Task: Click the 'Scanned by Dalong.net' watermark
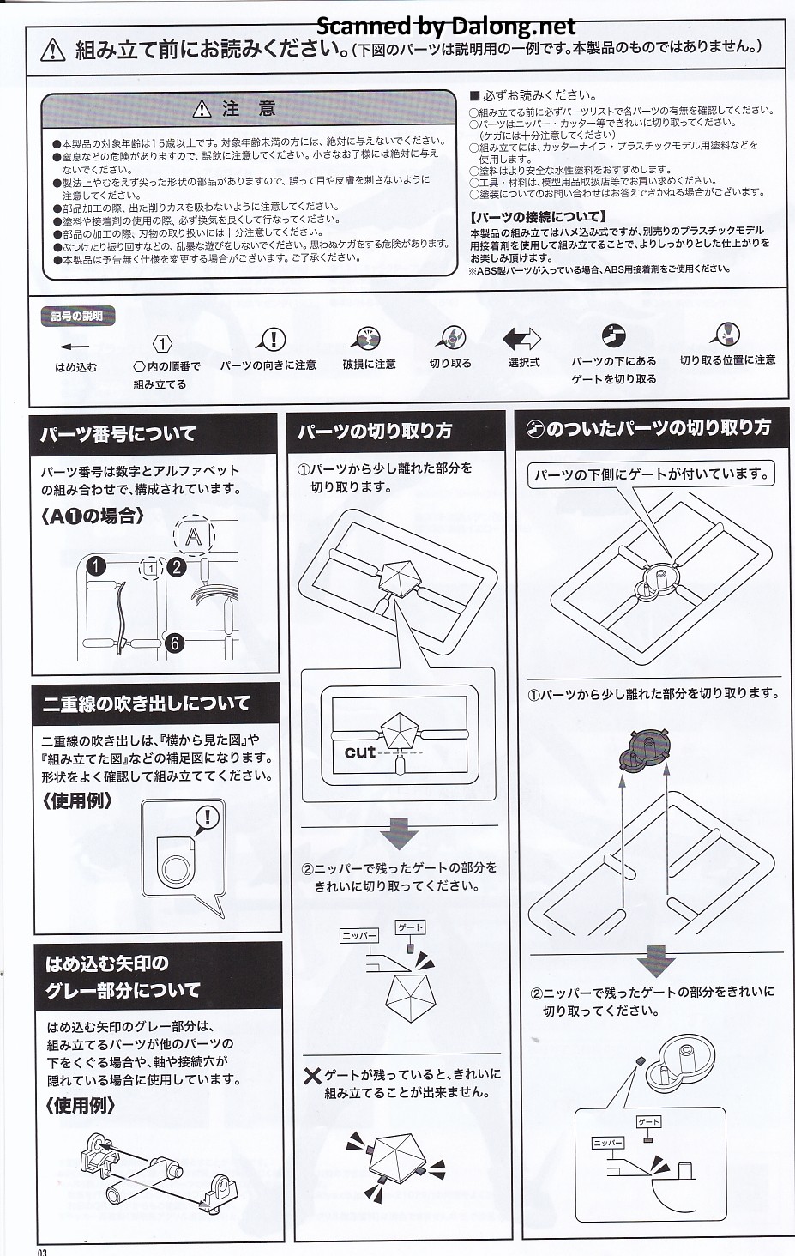[x=446, y=26]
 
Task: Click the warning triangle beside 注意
[x=202, y=109]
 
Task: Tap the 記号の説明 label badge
[x=77, y=317]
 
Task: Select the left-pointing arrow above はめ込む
[x=75, y=346]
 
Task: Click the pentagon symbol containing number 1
[x=162, y=343]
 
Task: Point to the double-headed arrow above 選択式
[x=521, y=339]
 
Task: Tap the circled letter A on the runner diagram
[x=194, y=536]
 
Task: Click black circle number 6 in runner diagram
[x=175, y=643]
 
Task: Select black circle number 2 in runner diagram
[x=177, y=567]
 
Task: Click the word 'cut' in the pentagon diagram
[x=360, y=752]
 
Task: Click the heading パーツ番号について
[x=117, y=434]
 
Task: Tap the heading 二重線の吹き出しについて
[x=146, y=703]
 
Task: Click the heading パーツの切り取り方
[x=375, y=432]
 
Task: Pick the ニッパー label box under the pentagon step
[x=359, y=936]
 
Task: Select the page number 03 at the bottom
[x=43, y=1251]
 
